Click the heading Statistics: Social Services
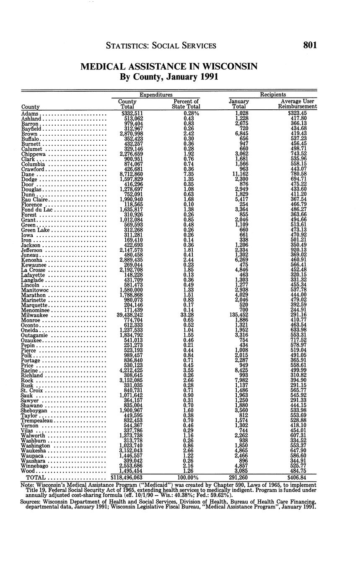point(161,46)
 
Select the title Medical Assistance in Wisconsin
point(168,67)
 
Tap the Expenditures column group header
point(156,95)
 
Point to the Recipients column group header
point(273,95)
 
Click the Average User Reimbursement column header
point(297,104)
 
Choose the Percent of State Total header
point(186,104)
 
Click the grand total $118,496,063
point(127,477)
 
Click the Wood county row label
point(28,471)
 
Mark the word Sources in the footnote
point(31,501)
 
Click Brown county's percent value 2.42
point(189,134)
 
